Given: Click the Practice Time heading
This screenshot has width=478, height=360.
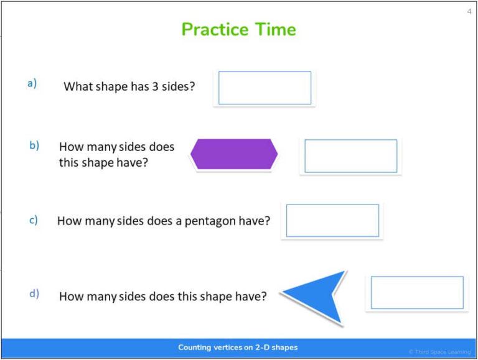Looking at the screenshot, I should point(238,29).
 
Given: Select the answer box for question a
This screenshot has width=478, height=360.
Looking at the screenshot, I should point(265,88).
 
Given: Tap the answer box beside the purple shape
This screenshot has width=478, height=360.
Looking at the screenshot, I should point(350,156).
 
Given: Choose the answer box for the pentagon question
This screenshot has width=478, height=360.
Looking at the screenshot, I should point(332,221).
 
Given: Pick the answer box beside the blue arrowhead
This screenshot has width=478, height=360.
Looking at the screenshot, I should point(417,293).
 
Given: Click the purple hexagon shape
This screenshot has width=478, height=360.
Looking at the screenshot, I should point(233,154).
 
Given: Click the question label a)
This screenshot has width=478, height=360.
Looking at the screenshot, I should point(32,83).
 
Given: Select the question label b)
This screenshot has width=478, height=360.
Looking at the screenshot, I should point(34,145).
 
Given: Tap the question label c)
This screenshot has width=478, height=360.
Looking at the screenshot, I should point(34,219).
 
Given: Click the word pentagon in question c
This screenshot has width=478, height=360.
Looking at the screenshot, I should point(210,221).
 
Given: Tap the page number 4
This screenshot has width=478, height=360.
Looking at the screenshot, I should point(469,11).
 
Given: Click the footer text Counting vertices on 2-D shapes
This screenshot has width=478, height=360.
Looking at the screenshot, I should point(238,348).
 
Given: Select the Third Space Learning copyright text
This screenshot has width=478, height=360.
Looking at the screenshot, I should point(439,353).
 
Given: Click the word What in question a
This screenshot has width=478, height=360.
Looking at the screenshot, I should point(77,86).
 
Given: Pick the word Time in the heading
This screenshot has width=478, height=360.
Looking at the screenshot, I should point(274,29).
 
